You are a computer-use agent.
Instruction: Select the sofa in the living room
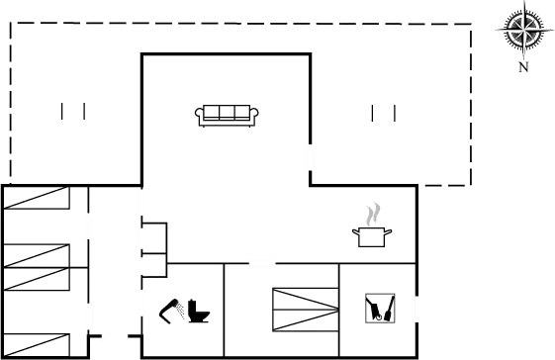227,115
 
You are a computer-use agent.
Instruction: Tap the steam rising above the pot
373,213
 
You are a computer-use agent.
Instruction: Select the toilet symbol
186,313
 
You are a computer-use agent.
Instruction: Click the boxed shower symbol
381,308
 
